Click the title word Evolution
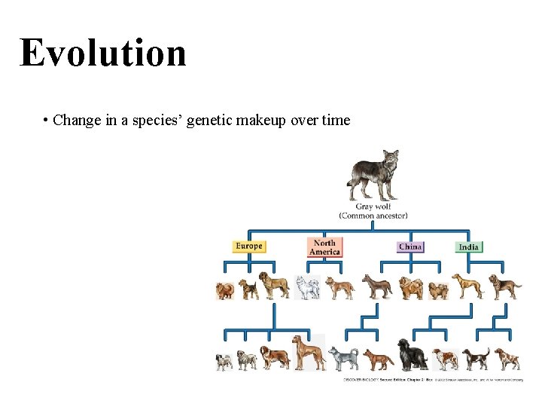point(103,53)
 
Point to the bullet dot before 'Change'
point(47,120)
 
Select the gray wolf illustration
point(373,176)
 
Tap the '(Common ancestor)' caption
point(373,216)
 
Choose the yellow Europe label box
point(249,246)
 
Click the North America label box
point(324,247)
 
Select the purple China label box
point(410,246)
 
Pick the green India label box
point(468,246)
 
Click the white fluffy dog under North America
point(307,287)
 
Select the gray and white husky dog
point(344,358)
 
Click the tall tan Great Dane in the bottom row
point(309,353)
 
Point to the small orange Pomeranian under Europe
point(225,290)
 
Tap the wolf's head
point(390,159)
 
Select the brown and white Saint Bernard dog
point(275,357)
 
